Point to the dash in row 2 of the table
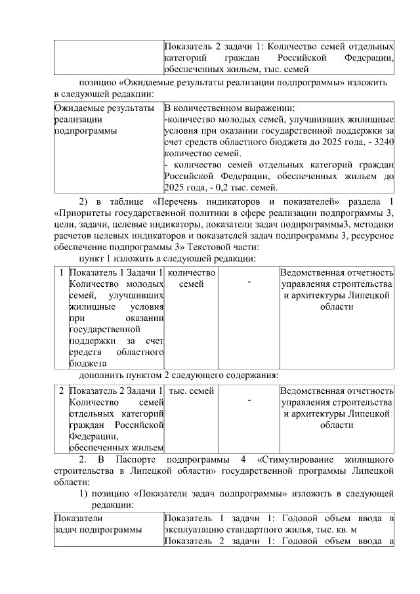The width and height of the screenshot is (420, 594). pos(249,401)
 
